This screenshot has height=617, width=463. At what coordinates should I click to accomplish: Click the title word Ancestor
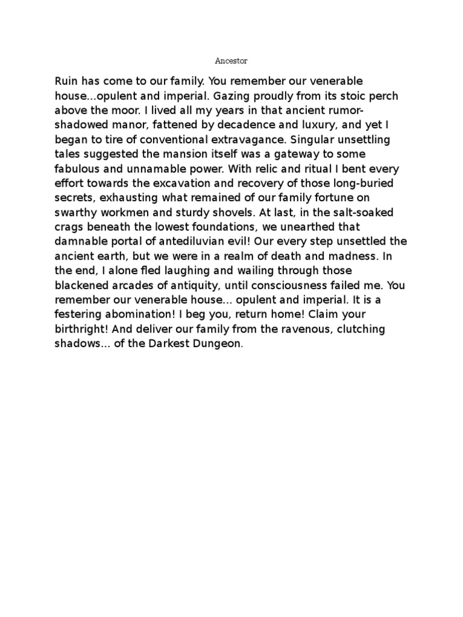pos(231,61)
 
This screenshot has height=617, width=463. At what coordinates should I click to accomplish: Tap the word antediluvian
pos(201,242)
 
